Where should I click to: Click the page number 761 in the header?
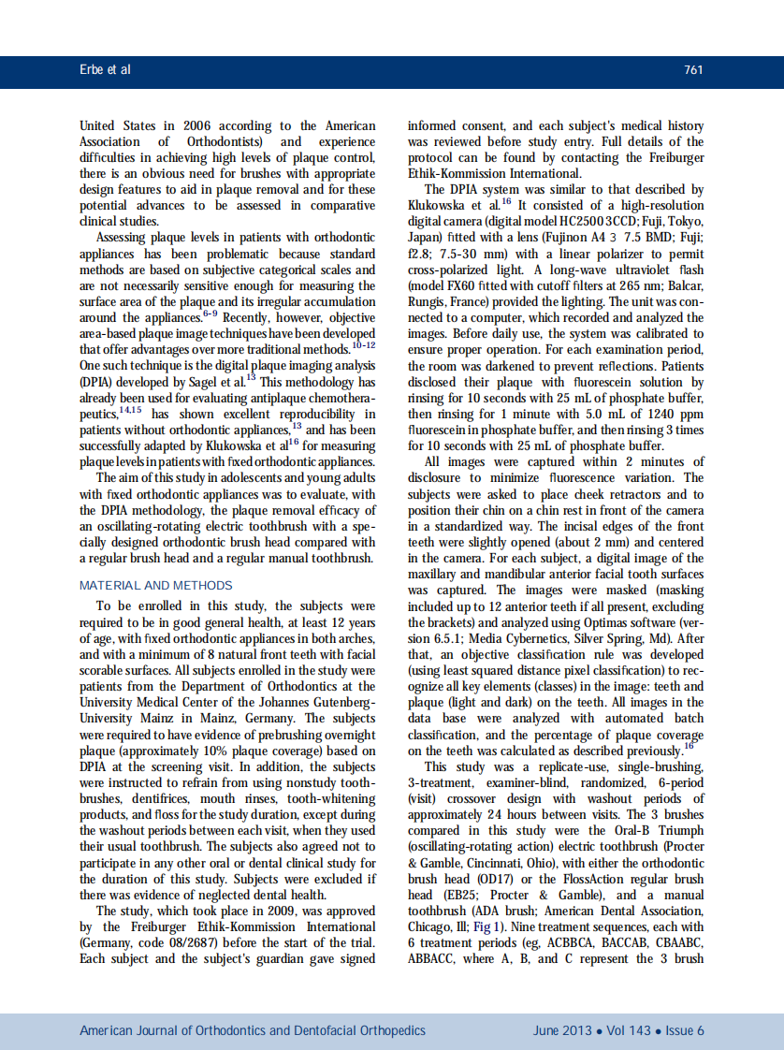(692, 70)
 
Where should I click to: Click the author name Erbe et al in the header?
(105, 70)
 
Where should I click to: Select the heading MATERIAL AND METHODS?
(156, 586)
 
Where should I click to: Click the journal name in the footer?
(253, 1030)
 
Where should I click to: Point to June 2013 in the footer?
(562, 1030)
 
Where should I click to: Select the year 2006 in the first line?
(208, 125)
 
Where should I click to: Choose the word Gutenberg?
(340, 703)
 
